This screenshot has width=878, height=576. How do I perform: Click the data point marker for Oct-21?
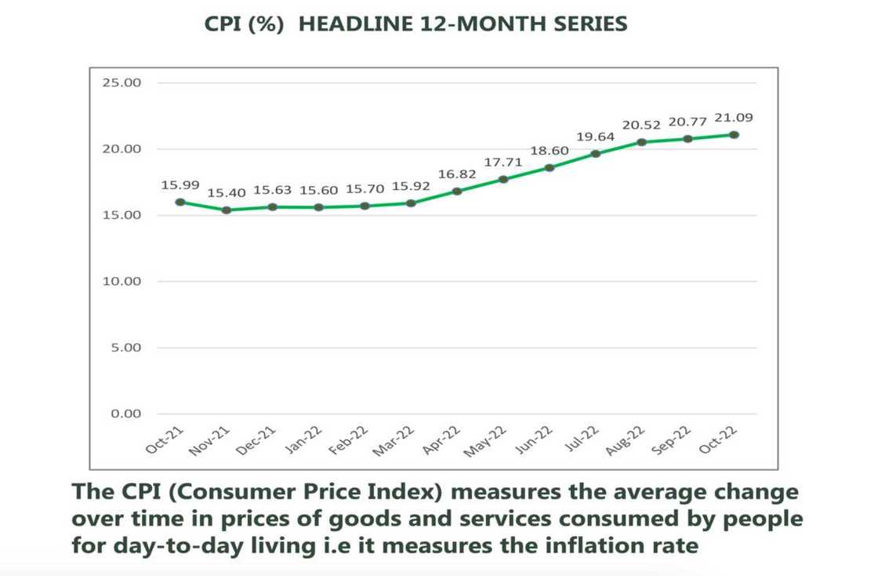(180, 202)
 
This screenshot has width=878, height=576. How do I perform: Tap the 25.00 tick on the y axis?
(121, 82)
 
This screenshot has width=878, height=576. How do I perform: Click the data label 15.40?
(227, 193)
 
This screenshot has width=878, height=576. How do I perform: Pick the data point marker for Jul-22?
(596, 153)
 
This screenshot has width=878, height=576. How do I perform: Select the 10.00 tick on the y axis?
(121, 281)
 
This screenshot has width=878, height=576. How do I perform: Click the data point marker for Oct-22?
(734, 134)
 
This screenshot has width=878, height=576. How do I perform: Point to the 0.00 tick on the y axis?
(124, 414)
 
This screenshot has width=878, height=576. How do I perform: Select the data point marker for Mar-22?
(411, 202)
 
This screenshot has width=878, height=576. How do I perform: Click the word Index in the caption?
(409, 492)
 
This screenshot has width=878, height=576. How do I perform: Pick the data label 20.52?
(641, 125)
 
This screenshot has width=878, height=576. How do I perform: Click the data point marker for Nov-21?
(227, 210)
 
